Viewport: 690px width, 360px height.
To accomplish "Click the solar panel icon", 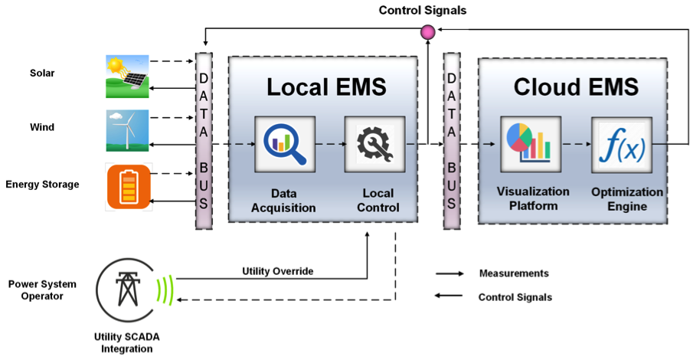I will click(x=127, y=76).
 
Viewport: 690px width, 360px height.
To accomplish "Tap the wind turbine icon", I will click(x=127, y=130).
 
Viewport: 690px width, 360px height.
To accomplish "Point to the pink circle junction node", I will click(x=428, y=31).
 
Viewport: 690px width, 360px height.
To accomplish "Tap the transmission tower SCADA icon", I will click(x=123, y=289).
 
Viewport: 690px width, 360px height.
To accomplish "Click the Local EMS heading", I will click(x=326, y=87).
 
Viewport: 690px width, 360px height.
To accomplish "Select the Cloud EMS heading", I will click(x=576, y=87).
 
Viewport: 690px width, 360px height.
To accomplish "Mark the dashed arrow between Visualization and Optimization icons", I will click(x=576, y=144).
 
